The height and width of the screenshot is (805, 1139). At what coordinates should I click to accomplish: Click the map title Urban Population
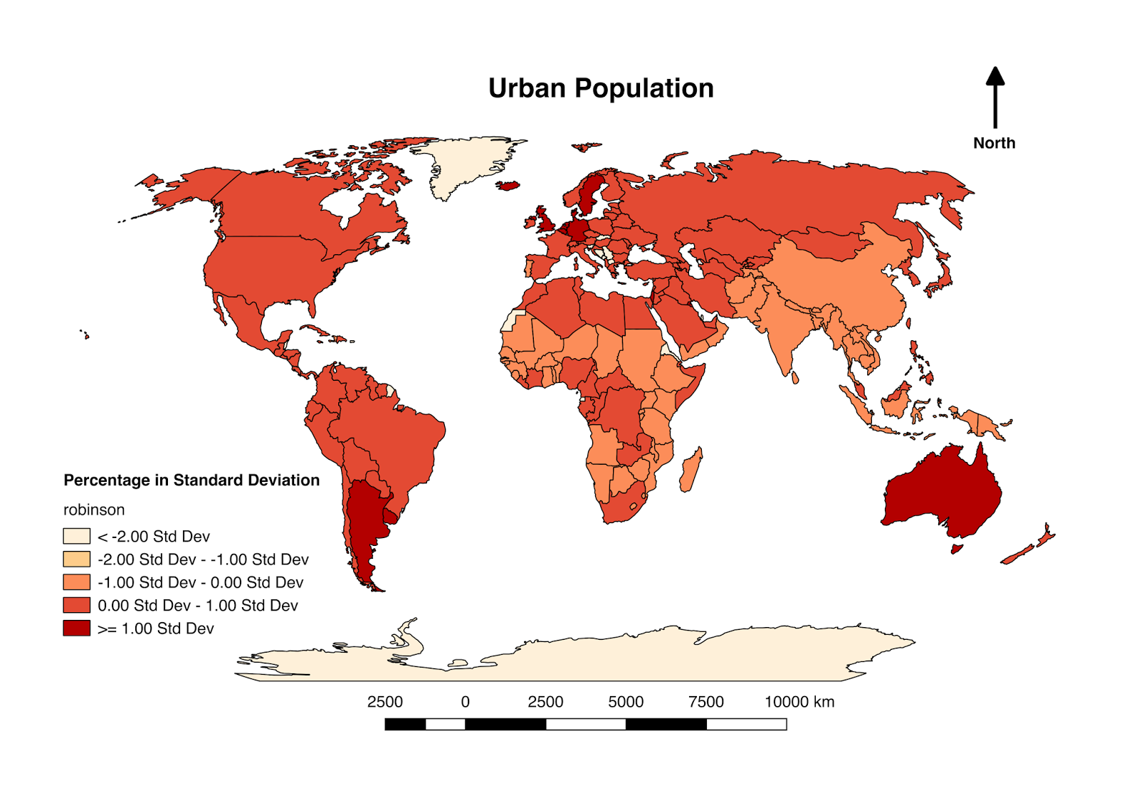pyautogui.click(x=600, y=88)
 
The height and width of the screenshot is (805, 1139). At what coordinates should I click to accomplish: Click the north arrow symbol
pyautogui.click(x=994, y=96)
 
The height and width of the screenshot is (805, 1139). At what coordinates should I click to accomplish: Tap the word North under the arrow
pyautogui.click(x=994, y=143)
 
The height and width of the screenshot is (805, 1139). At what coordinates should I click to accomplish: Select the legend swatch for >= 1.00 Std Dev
pyautogui.click(x=76, y=628)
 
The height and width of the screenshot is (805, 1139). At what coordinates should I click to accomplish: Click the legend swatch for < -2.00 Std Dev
pyautogui.click(x=76, y=536)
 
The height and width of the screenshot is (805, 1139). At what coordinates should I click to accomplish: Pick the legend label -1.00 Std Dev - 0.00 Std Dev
pyautogui.click(x=200, y=582)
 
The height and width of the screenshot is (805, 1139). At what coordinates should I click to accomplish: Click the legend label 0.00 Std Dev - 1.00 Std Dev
pyautogui.click(x=197, y=606)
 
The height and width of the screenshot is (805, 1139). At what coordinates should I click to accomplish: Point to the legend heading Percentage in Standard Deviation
pyautogui.click(x=191, y=480)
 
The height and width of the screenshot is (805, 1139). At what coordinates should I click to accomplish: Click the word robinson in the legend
pyautogui.click(x=94, y=510)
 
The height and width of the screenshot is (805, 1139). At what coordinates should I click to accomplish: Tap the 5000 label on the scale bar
pyautogui.click(x=625, y=702)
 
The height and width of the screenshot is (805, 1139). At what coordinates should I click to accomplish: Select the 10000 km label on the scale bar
pyautogui.click(x=799, y=702)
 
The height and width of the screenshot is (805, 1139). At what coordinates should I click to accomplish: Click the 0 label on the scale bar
pyautogui.click(x=465, y=702)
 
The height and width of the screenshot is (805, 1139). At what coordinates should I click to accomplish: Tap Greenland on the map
pyautogui.click(x=463, y=164)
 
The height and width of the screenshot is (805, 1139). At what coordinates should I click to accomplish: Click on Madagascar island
pyautogui.click(x=690, y=470)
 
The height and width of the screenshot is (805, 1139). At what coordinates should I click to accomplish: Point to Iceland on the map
pyautogui.click(x=508, y=186)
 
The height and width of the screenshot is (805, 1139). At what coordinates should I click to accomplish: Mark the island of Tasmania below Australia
pyautogui.click(x=957, y=549)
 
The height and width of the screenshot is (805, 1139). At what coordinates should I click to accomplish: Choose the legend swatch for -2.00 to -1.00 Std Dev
pyautogui.click(x=76, y=559)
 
